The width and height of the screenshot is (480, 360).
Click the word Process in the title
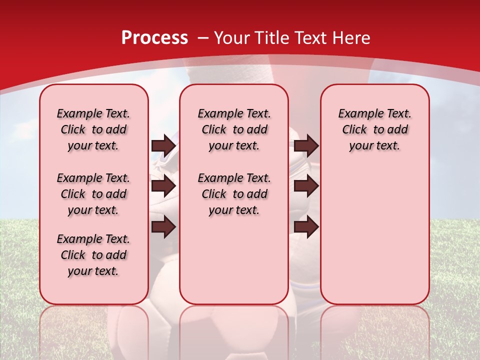(154, 38)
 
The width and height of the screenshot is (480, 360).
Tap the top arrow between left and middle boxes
(163, 145)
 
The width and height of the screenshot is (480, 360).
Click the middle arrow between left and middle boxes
(163, 186)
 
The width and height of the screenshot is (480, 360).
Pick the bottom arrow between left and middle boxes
(163, 227)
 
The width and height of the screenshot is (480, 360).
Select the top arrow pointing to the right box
(306, 145)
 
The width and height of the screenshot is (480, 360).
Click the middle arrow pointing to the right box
(306, 186)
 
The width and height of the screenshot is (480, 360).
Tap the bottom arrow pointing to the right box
(306, 227)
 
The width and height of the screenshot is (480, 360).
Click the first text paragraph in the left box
(93, 129)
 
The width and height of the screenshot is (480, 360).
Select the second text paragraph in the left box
(93, 194)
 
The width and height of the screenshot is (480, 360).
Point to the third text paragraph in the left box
(93, 255)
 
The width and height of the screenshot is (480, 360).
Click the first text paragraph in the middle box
(234, 129)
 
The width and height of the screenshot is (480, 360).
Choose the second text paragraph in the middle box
(234, 194)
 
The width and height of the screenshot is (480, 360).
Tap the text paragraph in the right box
(374, 129)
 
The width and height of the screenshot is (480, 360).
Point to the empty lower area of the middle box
(234, 260)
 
